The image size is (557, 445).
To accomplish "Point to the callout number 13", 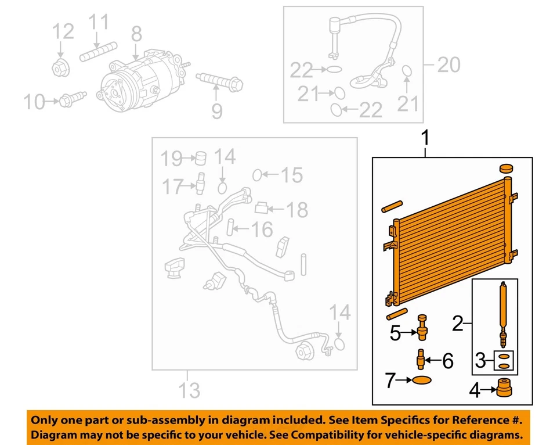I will pyautogui.click(x=189, y=390).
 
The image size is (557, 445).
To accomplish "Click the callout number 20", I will pyautogui.click(x=447, y=64).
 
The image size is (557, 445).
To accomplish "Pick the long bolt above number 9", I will pyautogui.click(x=219, y=81).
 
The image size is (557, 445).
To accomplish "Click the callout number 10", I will pyautogui.click(x=34, y=102).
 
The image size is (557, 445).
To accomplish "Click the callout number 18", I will pyautogui.click(x=296, y=209).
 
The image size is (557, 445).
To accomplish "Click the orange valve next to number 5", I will pyautogui.click(x=422, y=328).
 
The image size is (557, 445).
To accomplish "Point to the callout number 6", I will pyautogui.click(x=447, y=361).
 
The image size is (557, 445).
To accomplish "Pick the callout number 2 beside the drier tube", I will pyautogui.click(x=458, y=324).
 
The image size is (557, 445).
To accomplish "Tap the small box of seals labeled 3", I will pyautogui.click(x=504, y=360).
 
